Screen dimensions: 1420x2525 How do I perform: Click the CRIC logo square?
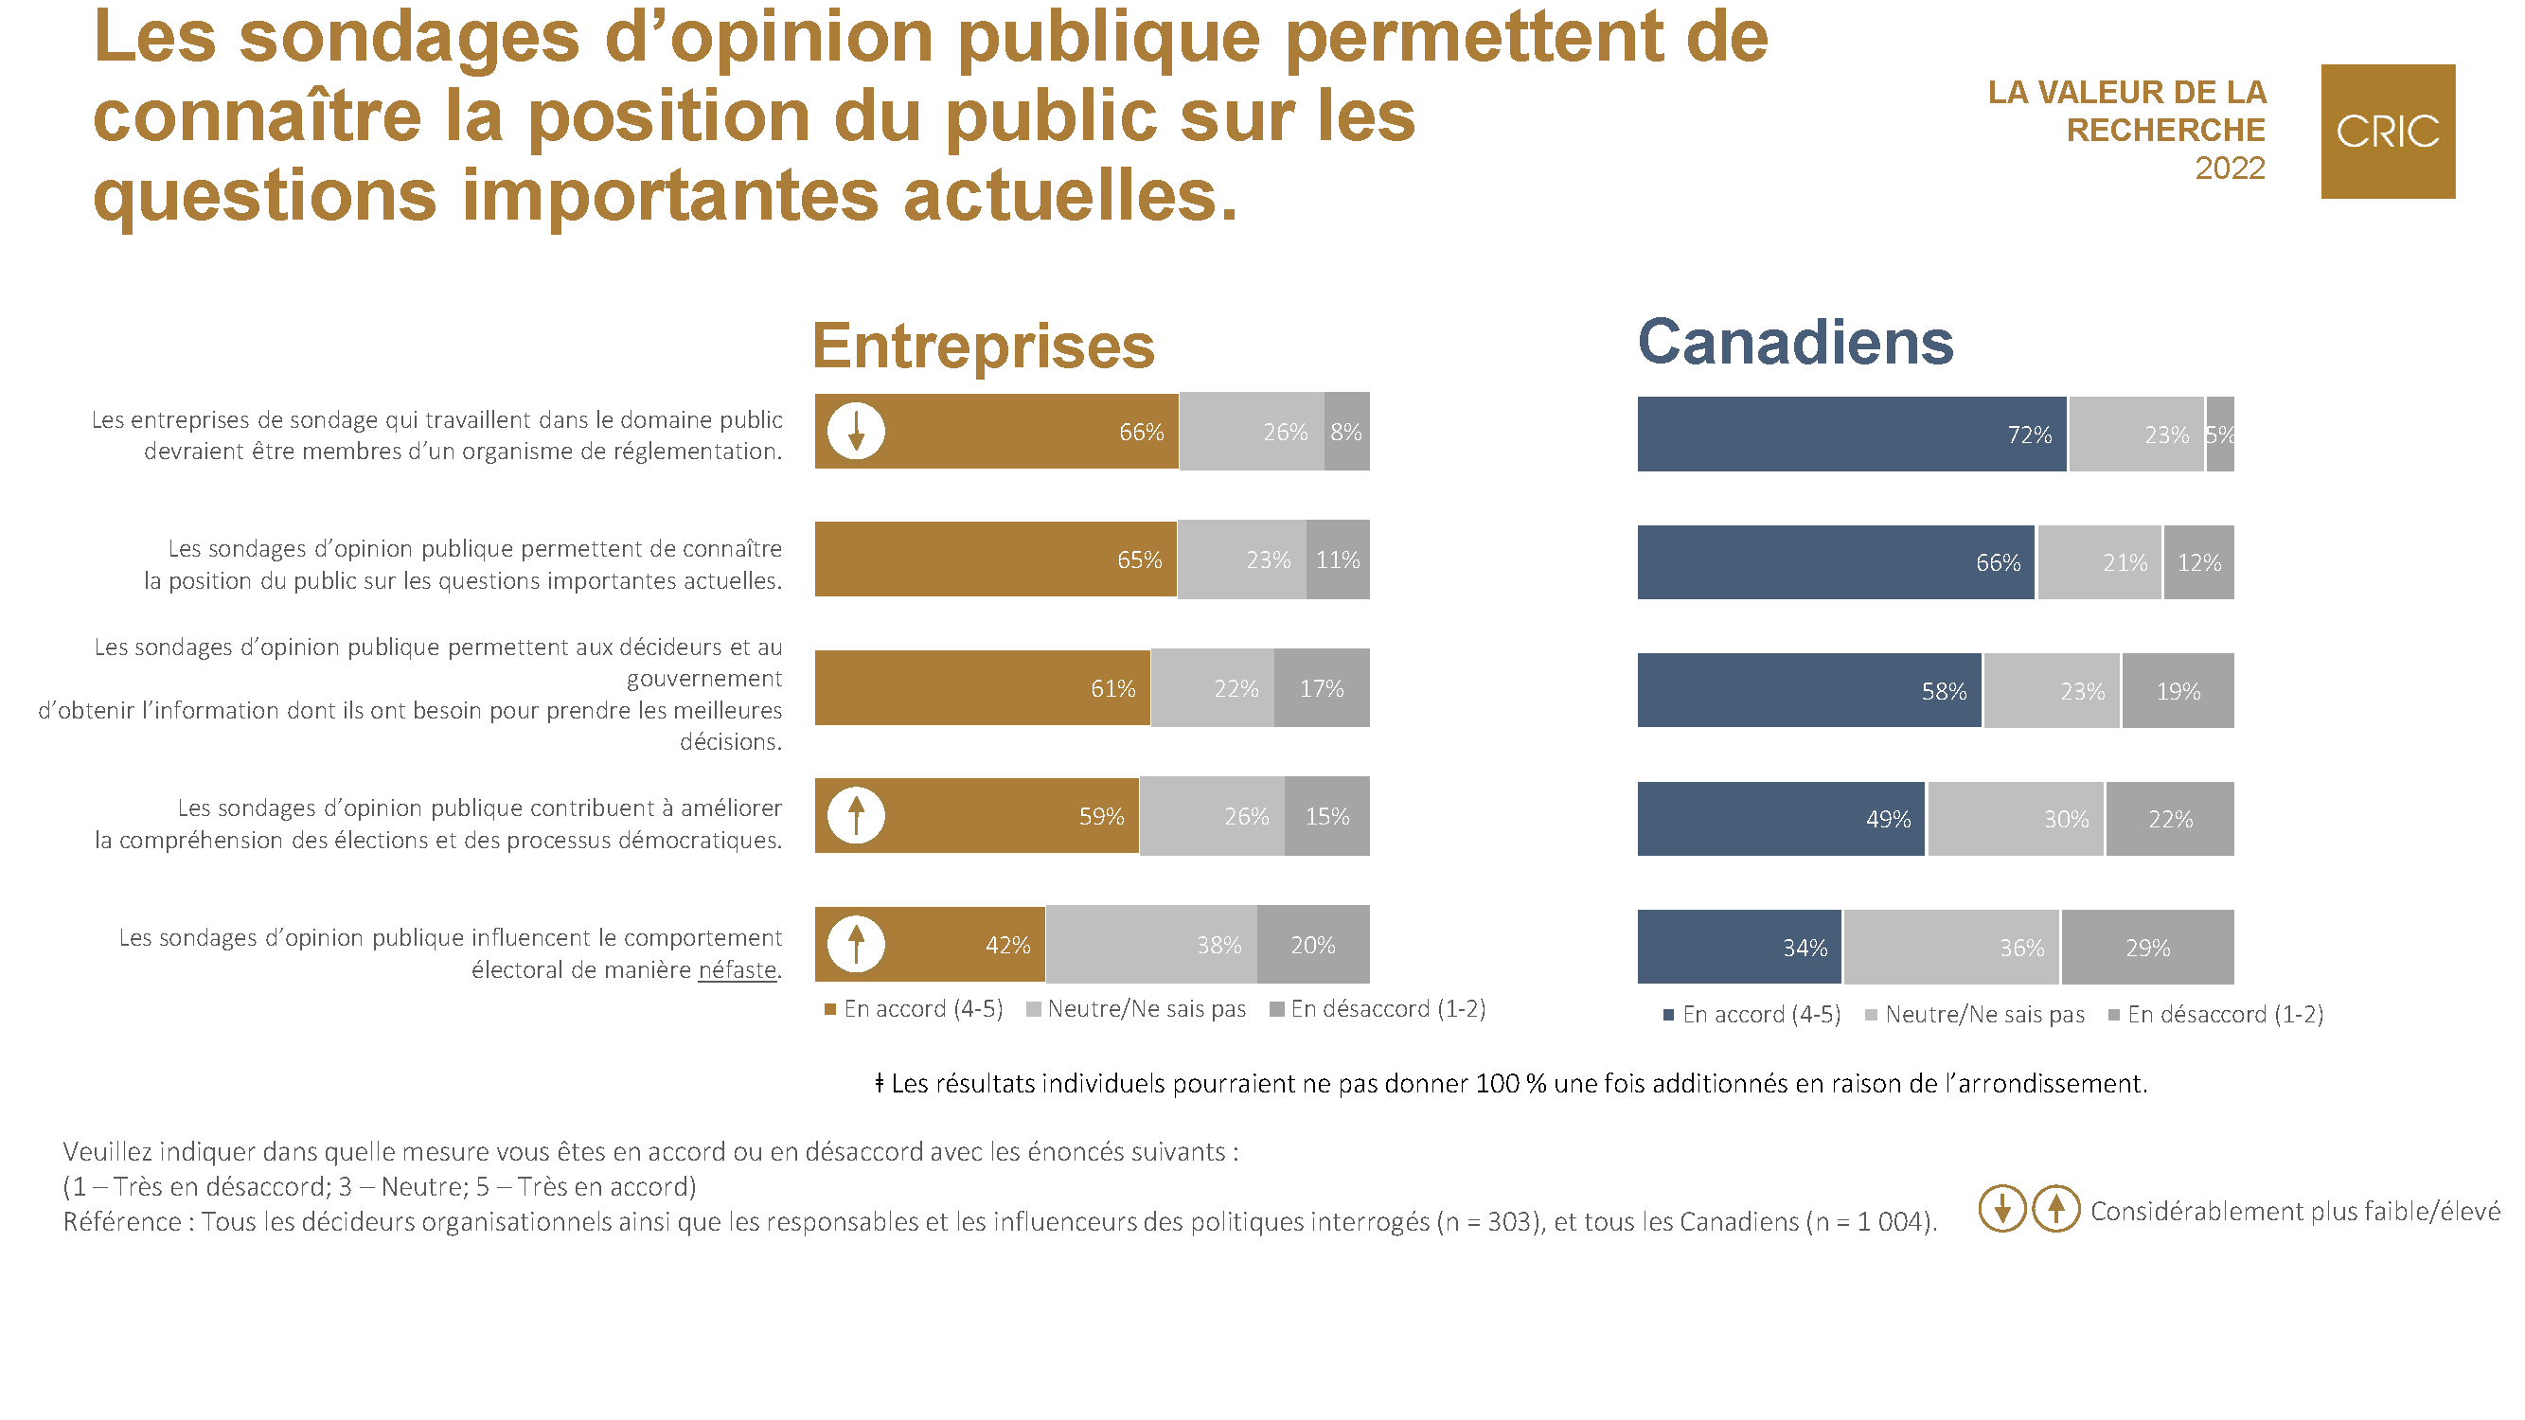[2387, 132]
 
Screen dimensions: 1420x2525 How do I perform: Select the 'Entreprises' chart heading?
[983, 346]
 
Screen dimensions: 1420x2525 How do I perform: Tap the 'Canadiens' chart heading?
[1795, 342]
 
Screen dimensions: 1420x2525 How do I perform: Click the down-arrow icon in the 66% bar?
[856, 431]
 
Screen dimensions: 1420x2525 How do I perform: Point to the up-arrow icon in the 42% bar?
[856, 944]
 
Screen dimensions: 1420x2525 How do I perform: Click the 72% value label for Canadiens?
[2028, 435]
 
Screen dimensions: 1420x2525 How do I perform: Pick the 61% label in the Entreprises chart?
[1112, 689]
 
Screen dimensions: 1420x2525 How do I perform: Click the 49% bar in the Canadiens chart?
[1780, 819]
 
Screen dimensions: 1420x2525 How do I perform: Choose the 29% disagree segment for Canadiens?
[2146, 948]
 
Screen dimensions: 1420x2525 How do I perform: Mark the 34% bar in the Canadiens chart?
[1739, 948]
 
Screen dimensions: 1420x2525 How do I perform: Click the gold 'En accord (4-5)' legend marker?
[830, 1009]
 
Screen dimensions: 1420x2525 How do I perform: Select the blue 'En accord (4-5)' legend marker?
[1668, 1015]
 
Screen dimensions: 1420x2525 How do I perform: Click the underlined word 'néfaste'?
[738, 970]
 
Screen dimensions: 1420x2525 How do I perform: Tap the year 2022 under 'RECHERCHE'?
[2229, 169]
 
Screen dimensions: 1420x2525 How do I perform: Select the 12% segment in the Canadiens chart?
[2197, 562]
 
